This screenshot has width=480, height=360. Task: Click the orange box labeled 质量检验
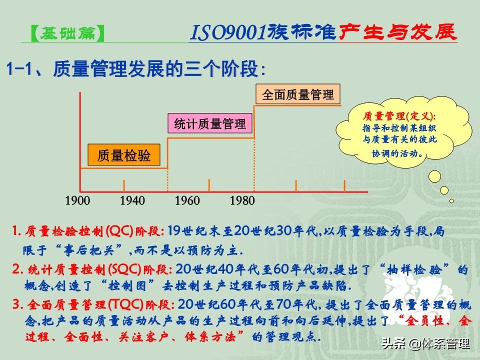(x=124, y=155)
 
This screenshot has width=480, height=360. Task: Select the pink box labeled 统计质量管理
(x=210, y=123)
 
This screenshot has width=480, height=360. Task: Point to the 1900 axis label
(x=77, y=201)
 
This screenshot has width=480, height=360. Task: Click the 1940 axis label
(x=132, y=201)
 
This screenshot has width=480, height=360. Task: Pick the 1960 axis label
(x=187, y=201)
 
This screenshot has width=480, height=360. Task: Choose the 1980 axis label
(x=242, y=201)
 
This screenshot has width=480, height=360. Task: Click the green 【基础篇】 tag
(x=67, y=33)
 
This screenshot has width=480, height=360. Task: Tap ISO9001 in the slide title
(x=228, y=32)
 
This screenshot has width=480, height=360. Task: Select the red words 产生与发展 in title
(x=397, y=31)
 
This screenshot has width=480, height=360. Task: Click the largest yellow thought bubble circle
(x=434, y=176)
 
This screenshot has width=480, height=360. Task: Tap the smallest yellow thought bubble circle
(x=451, y=201)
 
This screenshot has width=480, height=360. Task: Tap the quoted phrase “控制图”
(x=128, y=286)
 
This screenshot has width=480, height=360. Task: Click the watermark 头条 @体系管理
(x=426, y=343)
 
